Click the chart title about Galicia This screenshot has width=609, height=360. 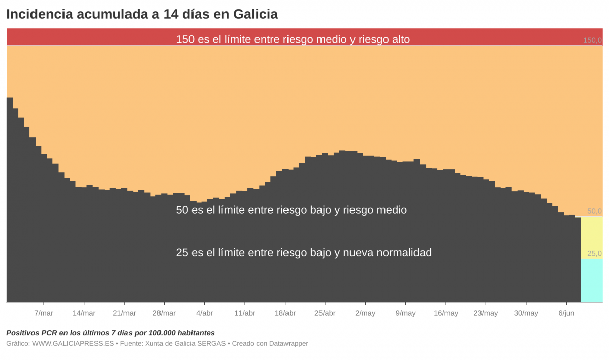pos(142,14)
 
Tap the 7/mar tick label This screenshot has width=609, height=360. pos(44,313)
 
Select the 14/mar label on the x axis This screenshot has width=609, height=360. pos(84,313)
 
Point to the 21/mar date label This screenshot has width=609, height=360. pos(124,313)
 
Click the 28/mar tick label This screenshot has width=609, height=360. pos(164,313)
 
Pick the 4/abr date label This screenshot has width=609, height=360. pos(205,313)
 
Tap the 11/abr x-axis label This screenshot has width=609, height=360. pos(245,313)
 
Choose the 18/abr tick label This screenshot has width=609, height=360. pos(285,313)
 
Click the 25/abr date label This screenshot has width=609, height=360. pos(325,313)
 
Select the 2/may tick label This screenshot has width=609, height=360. pos(365,313)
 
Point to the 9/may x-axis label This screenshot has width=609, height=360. pos(405,313)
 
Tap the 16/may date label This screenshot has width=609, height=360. pos(446,313)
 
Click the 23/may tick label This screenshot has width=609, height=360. pos(486,313)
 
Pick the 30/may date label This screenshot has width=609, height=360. pos(526,313)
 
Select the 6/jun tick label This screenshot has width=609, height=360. pos(566,313)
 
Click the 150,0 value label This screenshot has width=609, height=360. pos(592,40)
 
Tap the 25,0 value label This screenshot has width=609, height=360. pos(594,253)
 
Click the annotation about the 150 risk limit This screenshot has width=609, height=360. pos(293,39)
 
